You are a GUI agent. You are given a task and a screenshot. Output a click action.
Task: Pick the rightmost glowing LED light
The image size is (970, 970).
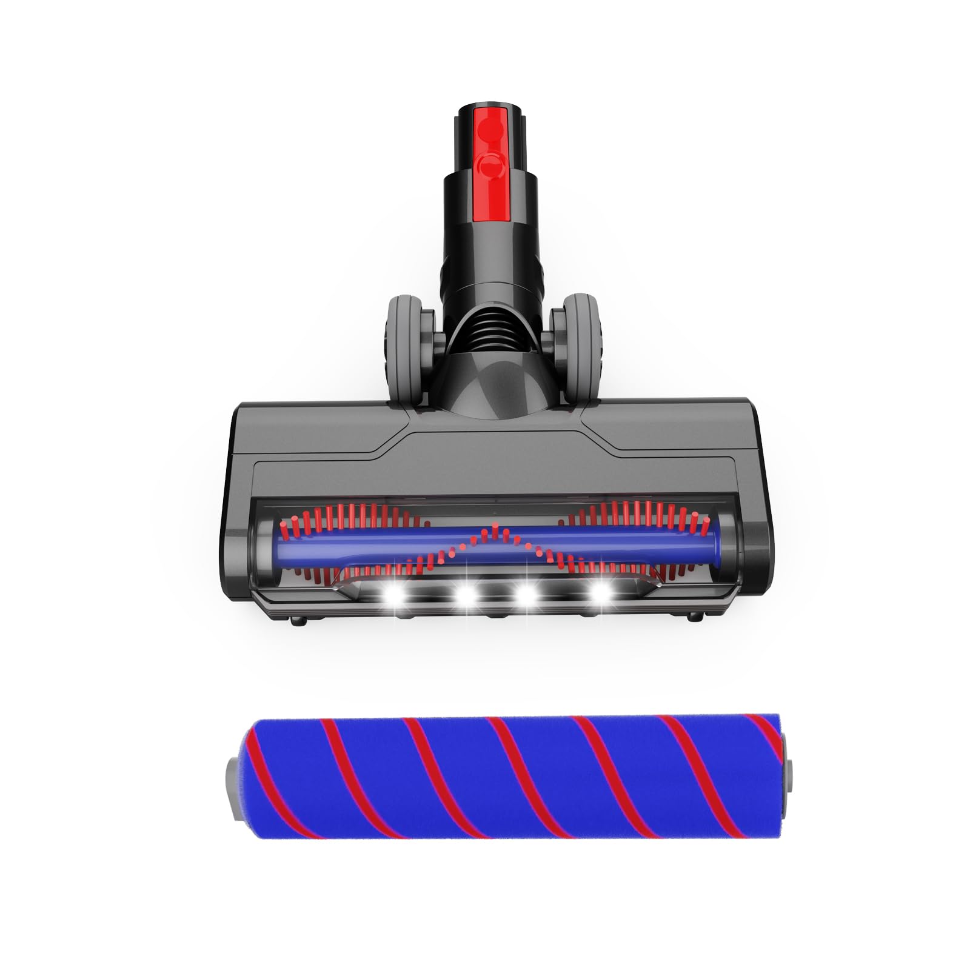[x=601, y=594]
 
